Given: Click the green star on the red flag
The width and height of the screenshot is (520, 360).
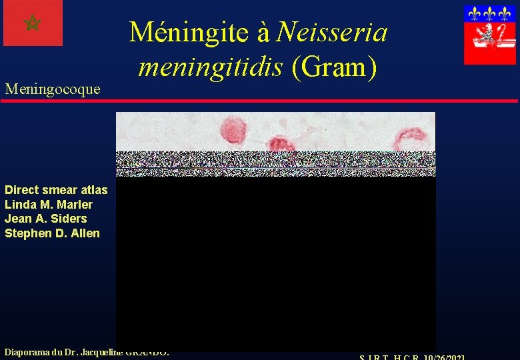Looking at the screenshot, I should coord(32,23).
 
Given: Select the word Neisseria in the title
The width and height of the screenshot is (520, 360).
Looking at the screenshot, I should coord(332,31).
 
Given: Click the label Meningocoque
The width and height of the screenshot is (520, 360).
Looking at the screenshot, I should coord(52,89).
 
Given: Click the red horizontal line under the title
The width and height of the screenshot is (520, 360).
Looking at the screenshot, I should coord(260,101).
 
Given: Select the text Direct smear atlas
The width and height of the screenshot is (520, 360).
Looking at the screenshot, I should coord(56,190).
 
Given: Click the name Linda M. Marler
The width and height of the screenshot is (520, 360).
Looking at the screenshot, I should coord(49,205).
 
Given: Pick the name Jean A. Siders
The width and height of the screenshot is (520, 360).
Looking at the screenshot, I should coord(46,219).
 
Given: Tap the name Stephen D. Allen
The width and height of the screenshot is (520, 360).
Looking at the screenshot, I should coord(52,233).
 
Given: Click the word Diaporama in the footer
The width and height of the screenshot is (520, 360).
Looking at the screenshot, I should coord(29,351).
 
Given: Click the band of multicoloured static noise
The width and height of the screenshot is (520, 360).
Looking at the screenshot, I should coord(275,164).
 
